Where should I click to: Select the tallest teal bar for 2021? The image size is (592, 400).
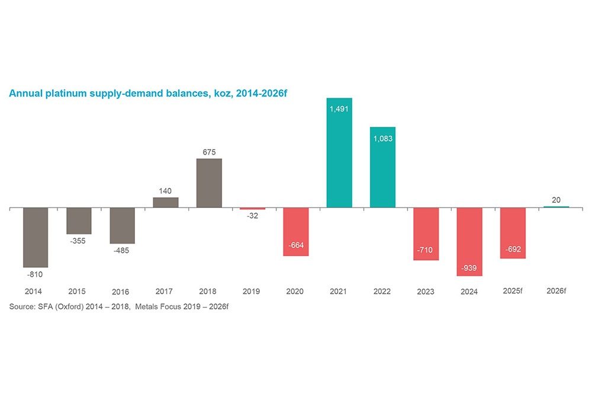click(x=339, y=153)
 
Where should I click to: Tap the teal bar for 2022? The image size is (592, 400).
click(x=382, y=167)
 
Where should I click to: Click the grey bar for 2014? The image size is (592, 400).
click(x=36, y=237)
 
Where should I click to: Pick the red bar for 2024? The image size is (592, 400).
click(x=469, y=241)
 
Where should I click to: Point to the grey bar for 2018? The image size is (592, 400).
click(x=209, y=183)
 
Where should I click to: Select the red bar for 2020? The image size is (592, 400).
click(x=296, y=231)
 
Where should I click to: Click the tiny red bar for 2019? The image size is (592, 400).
click(x=252, y=209)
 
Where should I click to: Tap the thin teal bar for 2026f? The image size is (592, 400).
click(x=556, y=207)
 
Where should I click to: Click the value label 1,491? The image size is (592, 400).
click(x=339, y=108)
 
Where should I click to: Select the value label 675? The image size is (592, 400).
click(x=209, y=151)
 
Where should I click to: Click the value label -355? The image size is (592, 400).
click(x=79, y=241)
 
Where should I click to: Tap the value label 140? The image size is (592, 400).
click(x=166, y=190)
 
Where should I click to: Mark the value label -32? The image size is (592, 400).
click(x=252, y=216)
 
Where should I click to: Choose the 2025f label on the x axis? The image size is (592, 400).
click(x=513, y=291)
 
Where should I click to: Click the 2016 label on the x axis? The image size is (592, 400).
click(x=122, y=292)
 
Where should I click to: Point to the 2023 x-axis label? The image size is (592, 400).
click(x=426, y=292)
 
